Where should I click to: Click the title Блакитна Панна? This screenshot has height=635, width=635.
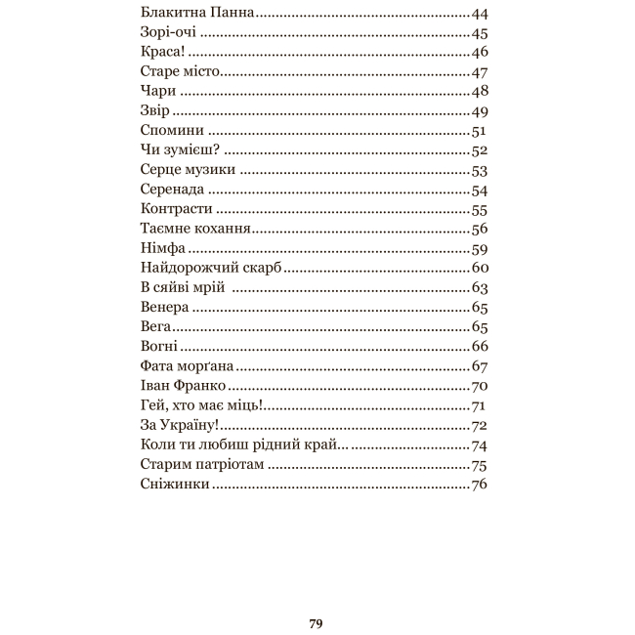[x=197, y=14]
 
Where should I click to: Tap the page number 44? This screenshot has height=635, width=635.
[x=479, y=14]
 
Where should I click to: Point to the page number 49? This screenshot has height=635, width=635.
[x=479, y=111]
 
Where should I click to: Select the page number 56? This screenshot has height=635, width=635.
[x=479, y=229]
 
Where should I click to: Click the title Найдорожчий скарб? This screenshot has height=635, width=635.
[x=211, y=268]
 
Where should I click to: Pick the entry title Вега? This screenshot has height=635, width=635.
[x=156, y=327]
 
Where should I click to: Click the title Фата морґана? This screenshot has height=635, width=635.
[x=187, y=366]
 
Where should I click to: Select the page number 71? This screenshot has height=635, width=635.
[x=479, y=405]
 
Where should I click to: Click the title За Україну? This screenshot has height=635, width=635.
[x=179, y=425]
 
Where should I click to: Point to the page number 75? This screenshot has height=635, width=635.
[x=479, y=465]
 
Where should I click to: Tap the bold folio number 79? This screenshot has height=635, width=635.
[x=316, y=623]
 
